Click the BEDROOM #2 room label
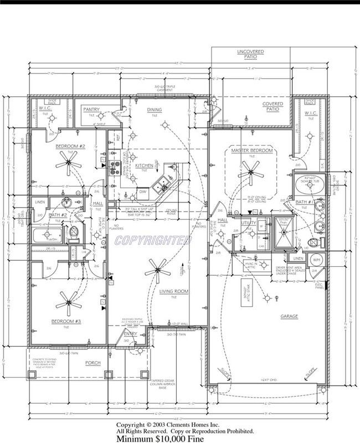click(69, 146)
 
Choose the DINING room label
click(155, 110)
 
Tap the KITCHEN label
click(144, 165)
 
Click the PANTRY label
click(91, 110)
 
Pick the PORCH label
click(92, 363)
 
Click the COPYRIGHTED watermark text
click(153, 240)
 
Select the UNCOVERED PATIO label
click(251, 54)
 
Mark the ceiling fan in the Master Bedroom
click(252, 175)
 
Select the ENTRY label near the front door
click(130, 333)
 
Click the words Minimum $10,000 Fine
click(160, 438)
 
